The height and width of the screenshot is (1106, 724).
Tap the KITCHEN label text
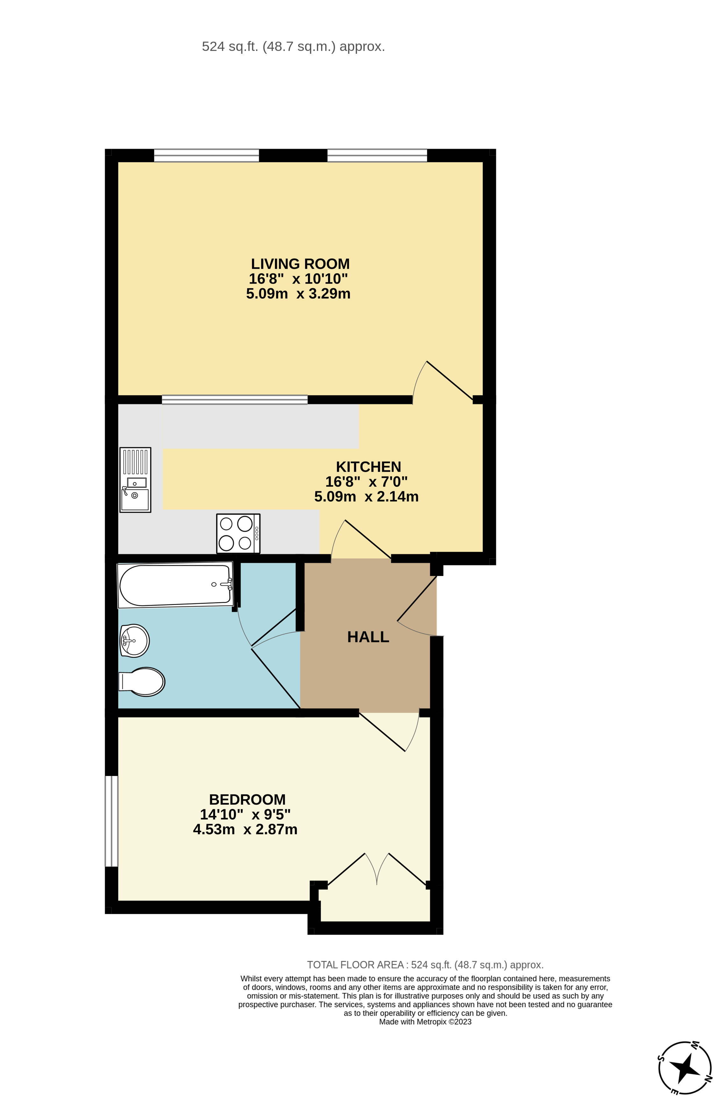pos(368,467)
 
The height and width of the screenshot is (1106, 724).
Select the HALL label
pos(368,637)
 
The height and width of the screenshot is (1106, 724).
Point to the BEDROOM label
pos(247,799)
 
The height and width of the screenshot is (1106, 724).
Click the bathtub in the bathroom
pos(175,585)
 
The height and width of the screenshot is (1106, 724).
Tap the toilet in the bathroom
pos(142,682)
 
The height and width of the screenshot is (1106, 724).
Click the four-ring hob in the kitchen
pos(238,534)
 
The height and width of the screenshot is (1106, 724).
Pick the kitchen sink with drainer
pos(135,480)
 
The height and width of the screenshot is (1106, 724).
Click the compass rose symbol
pos(685,1067)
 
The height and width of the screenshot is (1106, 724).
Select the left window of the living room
pos(206,155)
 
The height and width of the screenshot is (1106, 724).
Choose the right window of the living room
pos(377,155)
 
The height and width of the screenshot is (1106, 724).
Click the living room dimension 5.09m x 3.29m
pos(298,294)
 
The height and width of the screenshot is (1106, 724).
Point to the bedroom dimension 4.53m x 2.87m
pos(245,829)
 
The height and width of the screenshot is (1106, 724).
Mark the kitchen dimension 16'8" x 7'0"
pos(366,481)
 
